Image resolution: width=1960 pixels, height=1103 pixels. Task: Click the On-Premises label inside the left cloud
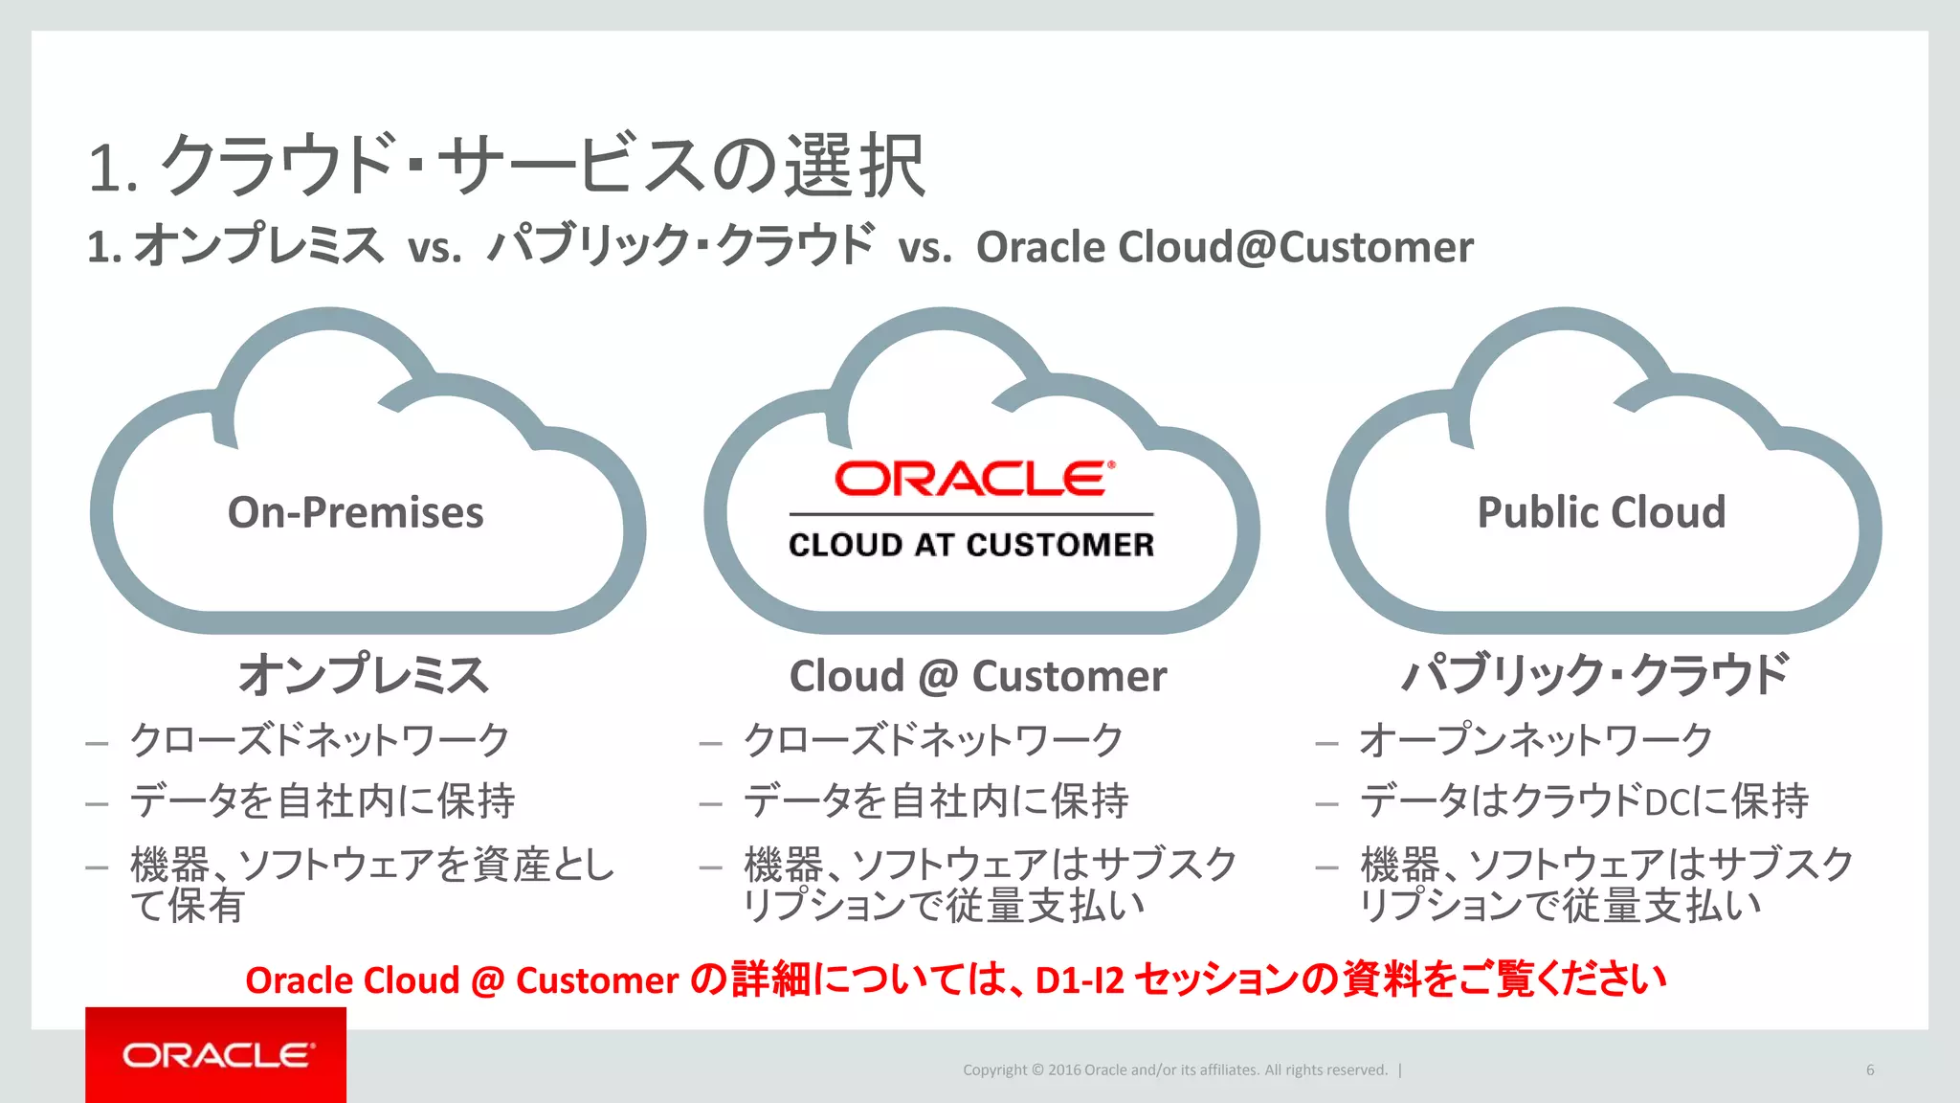(355, 512)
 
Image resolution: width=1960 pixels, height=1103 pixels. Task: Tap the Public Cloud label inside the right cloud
(1601, 512)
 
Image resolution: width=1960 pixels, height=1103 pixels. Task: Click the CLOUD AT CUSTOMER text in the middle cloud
(971, 545)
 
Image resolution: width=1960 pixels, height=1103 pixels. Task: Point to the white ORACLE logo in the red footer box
(217, 1055)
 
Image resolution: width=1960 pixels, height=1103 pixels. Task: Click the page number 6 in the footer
(1869, 1069)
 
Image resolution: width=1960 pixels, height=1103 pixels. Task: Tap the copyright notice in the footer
(1174, 1069)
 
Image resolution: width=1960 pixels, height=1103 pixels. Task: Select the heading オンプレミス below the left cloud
(364, 675)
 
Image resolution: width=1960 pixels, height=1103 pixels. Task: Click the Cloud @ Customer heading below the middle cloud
(977, 676)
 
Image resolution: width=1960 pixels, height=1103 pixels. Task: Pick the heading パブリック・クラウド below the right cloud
(1595, 675)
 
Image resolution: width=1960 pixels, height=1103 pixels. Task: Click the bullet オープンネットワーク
(1535, 740)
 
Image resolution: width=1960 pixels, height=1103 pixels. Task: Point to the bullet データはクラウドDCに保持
(1584, 801)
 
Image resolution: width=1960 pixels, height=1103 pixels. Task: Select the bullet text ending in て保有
(372, 885)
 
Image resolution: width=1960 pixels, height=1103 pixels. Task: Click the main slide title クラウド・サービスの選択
(543, 166)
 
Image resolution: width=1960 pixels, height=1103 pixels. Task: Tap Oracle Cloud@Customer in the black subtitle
(1224, 247)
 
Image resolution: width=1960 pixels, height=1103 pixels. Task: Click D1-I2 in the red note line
(1080, 980)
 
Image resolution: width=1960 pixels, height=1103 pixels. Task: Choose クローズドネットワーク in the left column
(320, 740)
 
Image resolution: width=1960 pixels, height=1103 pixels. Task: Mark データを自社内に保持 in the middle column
(936, 801)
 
